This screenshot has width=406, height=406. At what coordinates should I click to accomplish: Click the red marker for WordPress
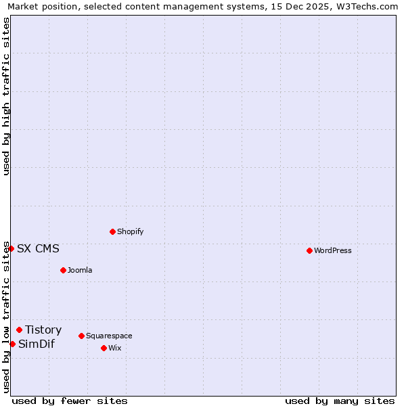[309, 250]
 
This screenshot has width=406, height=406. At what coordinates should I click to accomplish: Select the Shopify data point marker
[112, 231]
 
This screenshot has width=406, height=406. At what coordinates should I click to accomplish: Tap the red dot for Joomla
[63, 270]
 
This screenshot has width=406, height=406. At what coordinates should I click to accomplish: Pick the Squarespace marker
[81, 336]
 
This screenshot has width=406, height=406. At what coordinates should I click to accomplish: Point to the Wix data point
[104, 348]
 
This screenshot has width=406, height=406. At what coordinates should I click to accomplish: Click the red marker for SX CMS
[11, 248]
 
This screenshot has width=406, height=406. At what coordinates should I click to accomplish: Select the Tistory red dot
[19, 330]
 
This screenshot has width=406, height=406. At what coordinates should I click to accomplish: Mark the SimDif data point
[12, 344]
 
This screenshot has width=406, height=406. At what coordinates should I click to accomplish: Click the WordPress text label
[333, 250]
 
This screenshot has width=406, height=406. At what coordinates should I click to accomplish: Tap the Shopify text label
[130, 231]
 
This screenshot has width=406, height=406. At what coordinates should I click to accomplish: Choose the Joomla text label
[80, 270]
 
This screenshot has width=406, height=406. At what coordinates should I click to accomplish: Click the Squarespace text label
[109, 336]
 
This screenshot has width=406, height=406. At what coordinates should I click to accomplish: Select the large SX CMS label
[38, 248]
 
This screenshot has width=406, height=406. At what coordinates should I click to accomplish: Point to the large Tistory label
[43, 330]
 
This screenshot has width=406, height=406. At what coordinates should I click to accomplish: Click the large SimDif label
[37, 344]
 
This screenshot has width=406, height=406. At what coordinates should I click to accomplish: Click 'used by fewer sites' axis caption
[70, 401]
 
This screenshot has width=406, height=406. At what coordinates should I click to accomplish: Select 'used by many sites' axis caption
[340, 401]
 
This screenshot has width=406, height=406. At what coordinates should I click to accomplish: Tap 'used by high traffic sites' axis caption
[6, 96]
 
